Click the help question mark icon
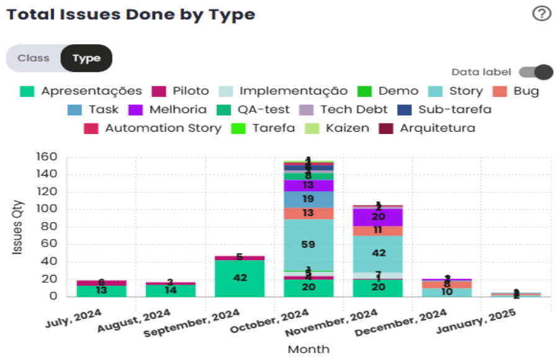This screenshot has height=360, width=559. coord(542,14)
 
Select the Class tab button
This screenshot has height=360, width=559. coord(34,58)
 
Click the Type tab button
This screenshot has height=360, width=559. coord(86,58)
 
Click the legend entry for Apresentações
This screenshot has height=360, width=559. coord(81,91)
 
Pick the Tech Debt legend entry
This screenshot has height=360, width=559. coord(344,110)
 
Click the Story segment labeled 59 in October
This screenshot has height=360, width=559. coord(308,245)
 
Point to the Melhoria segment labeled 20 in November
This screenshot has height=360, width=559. coord(378,217)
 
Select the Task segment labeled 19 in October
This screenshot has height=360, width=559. coord(308,199)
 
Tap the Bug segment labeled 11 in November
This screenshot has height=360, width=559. coord(378,231)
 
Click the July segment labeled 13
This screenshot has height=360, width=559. coord(101,290)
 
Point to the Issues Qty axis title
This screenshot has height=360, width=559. coord(19,227)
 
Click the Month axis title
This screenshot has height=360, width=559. coord(308,349)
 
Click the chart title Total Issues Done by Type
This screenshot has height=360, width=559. coord(131,15)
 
